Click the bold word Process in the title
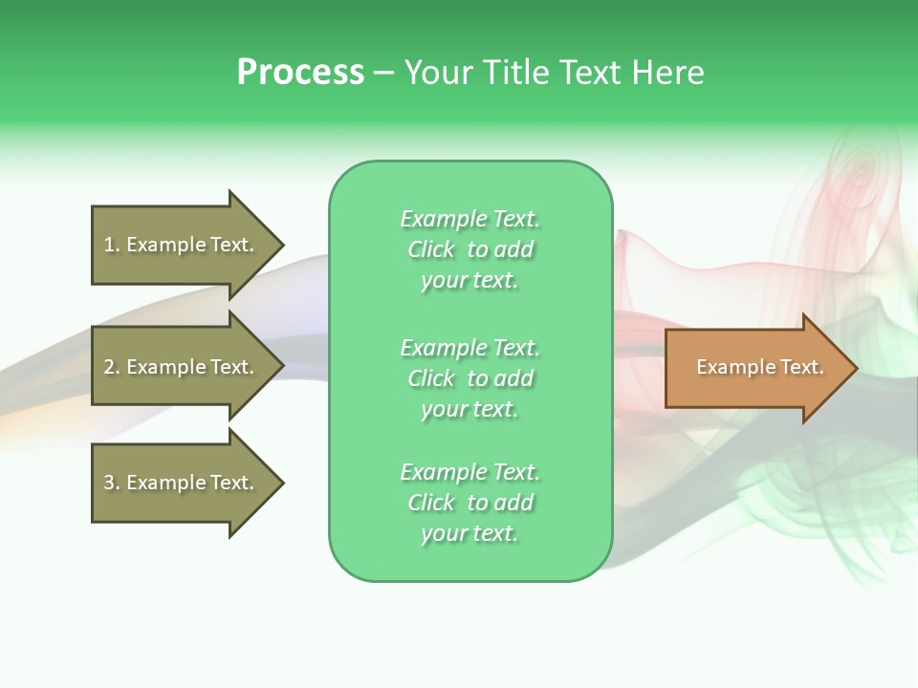[300, 73]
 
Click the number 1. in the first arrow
[112, 245]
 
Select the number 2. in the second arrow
[112, 367]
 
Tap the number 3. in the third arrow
[112, 483]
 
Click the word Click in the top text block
[431, 249]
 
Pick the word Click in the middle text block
[431, 378]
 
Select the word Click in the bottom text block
[431, 503]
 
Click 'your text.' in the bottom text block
[470, 533]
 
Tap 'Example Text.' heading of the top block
[470, 219]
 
